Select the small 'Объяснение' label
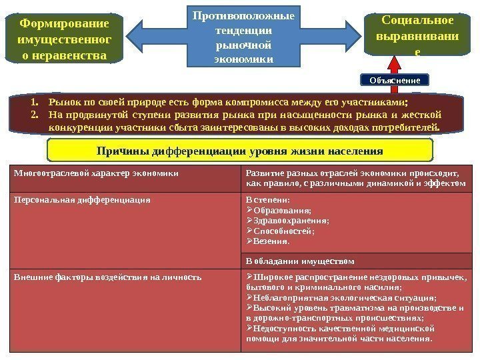point(394,80)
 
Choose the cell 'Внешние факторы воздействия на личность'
point(107,277)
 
